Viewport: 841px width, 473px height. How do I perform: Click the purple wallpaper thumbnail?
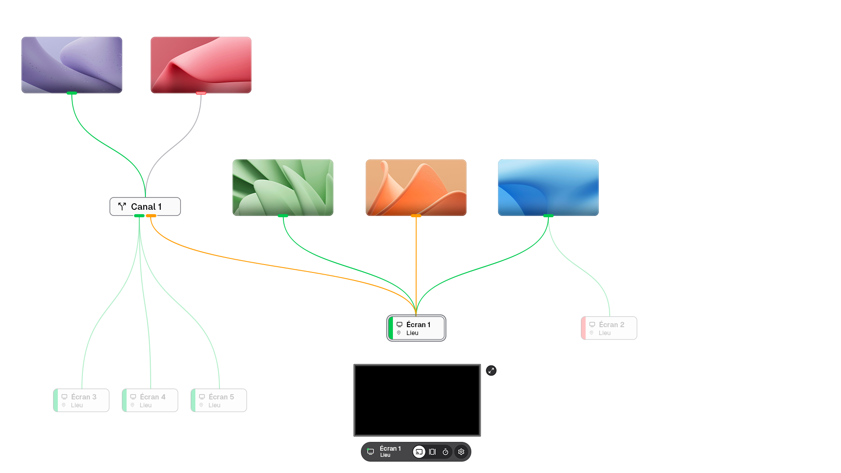72,65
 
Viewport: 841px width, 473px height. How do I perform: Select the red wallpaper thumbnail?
201,65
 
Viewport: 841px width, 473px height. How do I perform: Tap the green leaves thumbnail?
283,187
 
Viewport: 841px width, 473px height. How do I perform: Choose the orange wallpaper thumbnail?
416,187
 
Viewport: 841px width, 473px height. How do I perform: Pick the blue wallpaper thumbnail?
548,187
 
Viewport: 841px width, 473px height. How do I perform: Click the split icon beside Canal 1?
122,206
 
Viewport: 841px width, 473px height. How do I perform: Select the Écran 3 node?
81,400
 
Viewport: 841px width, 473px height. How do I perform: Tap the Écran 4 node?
150,400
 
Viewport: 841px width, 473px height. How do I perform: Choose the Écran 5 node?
219,400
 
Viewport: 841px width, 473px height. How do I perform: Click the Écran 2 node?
609,328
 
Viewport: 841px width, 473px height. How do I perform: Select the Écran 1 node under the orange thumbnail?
417,328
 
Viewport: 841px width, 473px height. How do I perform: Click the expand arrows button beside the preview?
491,371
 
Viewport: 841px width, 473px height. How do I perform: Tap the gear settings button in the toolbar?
461,452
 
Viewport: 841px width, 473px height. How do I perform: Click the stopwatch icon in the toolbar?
445,452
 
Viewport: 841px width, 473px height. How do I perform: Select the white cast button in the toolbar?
419,452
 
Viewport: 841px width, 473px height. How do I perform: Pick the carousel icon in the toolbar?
432,452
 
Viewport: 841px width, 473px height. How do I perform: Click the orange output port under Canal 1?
151,216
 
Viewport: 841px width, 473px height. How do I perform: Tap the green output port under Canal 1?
139,216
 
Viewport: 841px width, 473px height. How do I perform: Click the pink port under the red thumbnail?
201,93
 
